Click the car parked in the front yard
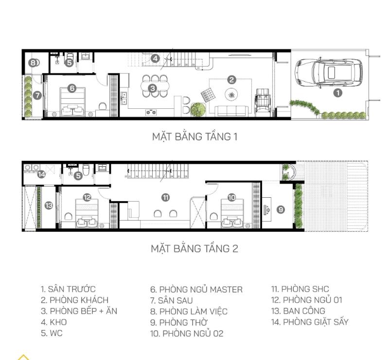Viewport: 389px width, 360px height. pyautogui.click(x=328, y=73)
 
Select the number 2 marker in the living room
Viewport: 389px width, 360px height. pyautogui.click(x=231, y=80)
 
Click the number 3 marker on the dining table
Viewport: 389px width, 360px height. pyautogui.click(x=152, y=88)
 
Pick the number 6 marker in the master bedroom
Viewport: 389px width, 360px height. pyautogui.click(x=72, y=88)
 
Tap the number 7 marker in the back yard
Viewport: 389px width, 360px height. pyautogui.click(x=37, y=96)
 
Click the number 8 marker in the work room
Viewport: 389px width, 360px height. pyautogui.click(x=33, y=63)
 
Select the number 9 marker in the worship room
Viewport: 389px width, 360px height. pyautogui.click(x=281, y=209)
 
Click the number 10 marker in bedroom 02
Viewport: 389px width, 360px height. pyautogui.click(x=231, y=197)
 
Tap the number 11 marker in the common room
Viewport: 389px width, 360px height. pyautogui.click(x=165, y=197)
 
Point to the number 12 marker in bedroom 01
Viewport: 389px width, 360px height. pyautogui.click(x=87, y=197)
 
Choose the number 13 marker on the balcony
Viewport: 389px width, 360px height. pyautogui.click(x=49, y=206)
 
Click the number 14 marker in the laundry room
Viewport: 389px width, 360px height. pyautogui.click(x=42, y=174)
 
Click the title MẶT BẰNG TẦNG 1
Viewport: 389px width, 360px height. pyautogui.click(x=194, y=137)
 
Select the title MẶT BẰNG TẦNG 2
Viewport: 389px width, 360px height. pyautogui.click(x=194, y=249)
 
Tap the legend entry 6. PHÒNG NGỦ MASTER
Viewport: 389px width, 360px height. pyautogui.click(x=196, y=290)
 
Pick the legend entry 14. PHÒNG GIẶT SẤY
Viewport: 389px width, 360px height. pyautogui.click(x=310, y=322)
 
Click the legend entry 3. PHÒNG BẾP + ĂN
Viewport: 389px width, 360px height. pyautogui.click(x=79, y=311)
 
